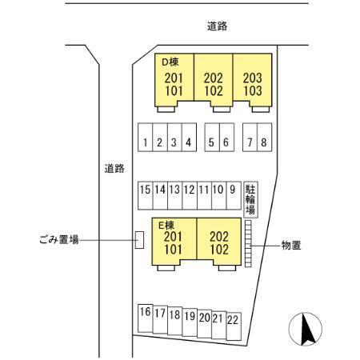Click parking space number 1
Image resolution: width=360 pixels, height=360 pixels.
coord(145,138)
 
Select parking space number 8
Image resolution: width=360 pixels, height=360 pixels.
coord(265,138)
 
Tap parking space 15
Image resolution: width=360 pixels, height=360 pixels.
coord(146,195)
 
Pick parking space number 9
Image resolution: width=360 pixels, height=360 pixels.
coord(234,195)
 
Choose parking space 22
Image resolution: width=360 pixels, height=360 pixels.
coord(234,326)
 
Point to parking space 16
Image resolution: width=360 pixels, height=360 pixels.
coord(146,318)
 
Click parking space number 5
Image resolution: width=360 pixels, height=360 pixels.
coord(212,138)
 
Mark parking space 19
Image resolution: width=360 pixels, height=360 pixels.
coord(190,322)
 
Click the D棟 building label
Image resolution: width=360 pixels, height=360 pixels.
coord(170,62)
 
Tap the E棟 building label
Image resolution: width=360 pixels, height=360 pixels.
coord(166,226)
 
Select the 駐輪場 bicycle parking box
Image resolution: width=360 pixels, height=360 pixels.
coord(250,199)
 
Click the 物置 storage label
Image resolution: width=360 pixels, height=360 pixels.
coord(291,246)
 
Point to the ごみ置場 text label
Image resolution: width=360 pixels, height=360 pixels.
coord(59,239)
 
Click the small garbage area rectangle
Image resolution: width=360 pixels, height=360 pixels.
coord(139,240)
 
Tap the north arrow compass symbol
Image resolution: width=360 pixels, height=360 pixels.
coord(306,329)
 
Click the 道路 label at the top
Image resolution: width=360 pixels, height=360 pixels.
coord(218,26)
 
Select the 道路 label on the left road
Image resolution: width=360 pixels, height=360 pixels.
coord(114,169)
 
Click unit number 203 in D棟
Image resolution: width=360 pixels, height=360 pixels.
coord(252,78)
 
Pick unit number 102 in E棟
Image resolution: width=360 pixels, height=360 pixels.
coord(219,250)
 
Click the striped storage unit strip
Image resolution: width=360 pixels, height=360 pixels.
coord(248,243)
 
